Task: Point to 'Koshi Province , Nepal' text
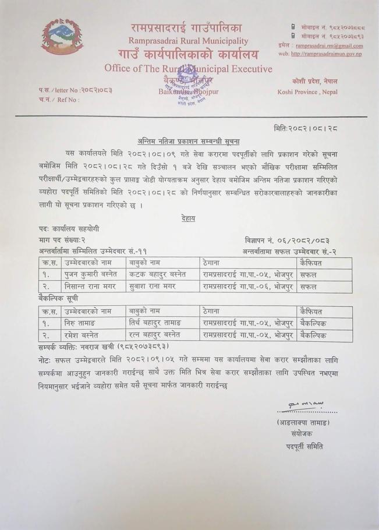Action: point(308,92)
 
